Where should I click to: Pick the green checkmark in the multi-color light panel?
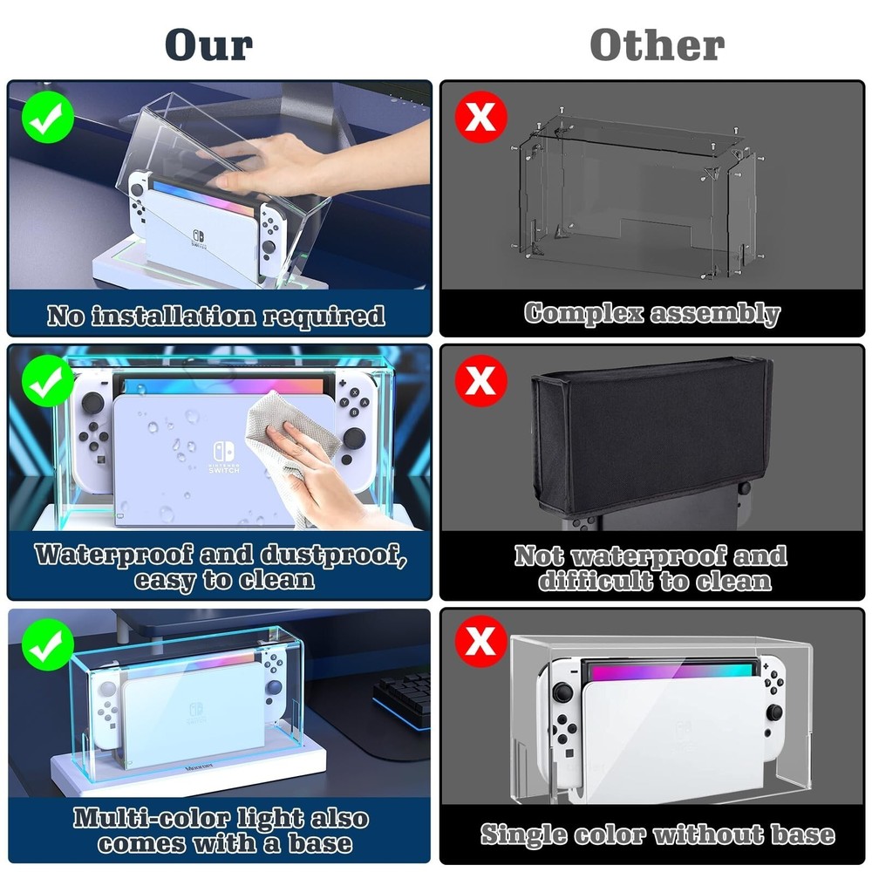tap(47, 644)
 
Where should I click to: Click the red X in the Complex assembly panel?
tap(480, 116)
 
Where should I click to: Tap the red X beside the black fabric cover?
tap(480, 380)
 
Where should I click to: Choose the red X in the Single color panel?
tap(480, 644)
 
